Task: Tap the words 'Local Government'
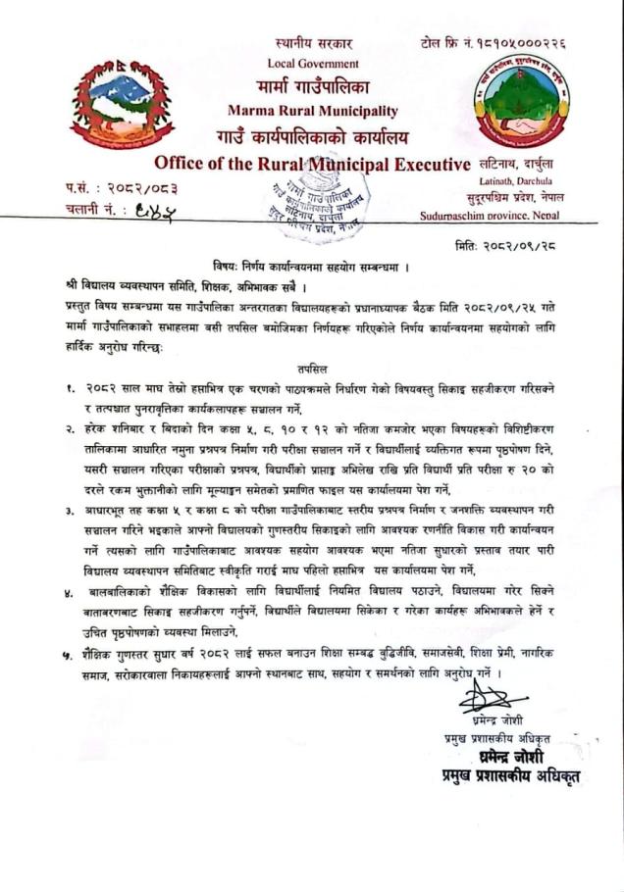[x=313, y=64]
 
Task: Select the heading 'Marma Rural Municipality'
[x=312, y=111]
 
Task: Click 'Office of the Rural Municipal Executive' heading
[x=312, y=163]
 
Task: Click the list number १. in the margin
[x=71, y=387]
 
